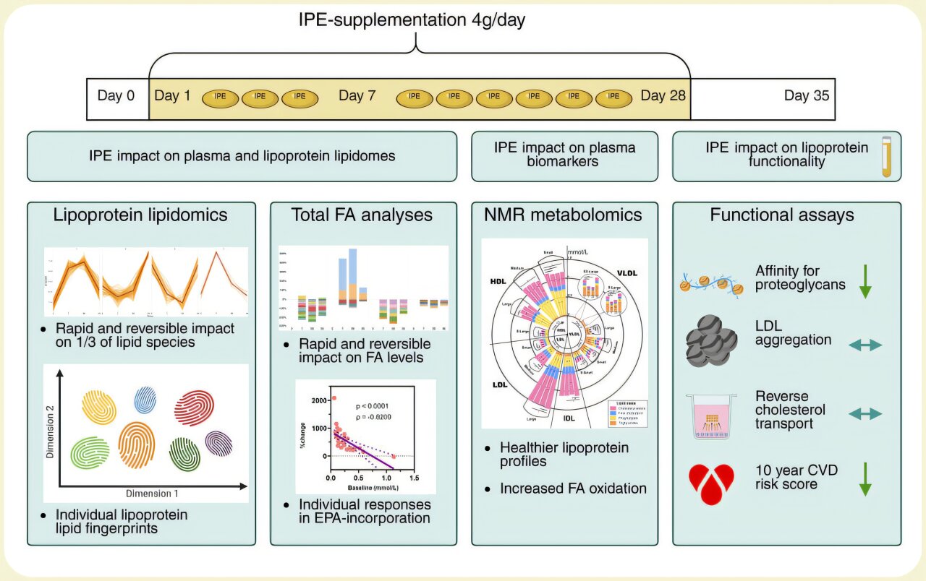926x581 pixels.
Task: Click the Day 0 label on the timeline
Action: pyautogui.click(x=116, y=96)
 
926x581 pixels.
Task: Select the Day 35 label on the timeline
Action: pyautogui.click(x=807, y=96)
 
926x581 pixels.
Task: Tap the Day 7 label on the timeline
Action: pyautogui.click(x=357, y=96)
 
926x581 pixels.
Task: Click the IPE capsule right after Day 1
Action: pyautogui.click(x=219, y=98)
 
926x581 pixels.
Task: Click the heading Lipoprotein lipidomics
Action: pyautogui.click(x=141, y=215)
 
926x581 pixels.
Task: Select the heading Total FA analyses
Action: pyautogui.click(x=362, y=215)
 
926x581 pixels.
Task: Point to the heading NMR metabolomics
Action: pyautogui.click(x=564, y=215)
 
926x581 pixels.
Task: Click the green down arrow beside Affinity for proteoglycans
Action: pyautogui.click(x=864, y=281)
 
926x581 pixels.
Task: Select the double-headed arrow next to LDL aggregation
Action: pyautogui.click(x=865, y=345)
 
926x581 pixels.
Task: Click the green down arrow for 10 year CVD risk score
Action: pyautogui.click(x=864, y=478)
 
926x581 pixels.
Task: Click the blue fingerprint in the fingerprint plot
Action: pyautogui.click(x=145, y=400)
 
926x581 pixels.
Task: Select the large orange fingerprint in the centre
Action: pyautogui.click(x=136, y=445)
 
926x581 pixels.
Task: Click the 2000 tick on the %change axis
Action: pyautogui.click(x=317, y=400)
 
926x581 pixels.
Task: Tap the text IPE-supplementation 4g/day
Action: pyautogui.click(x=412, y=20)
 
